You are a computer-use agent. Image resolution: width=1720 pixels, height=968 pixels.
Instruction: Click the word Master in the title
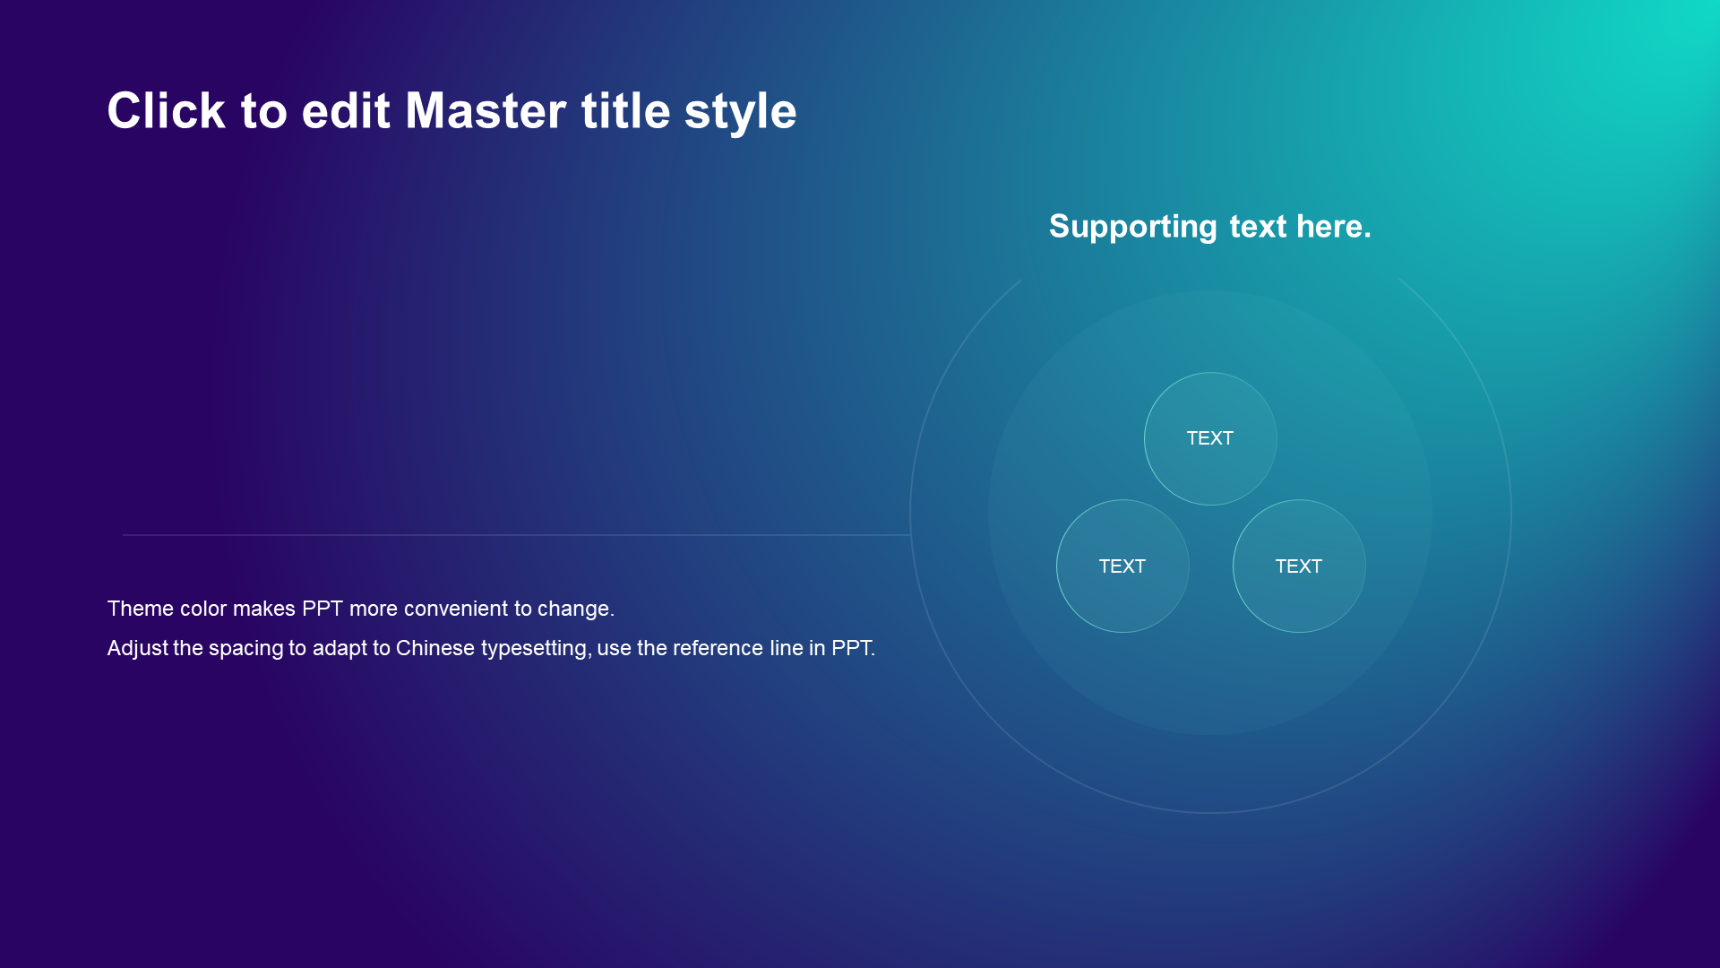pyautogui.click(x=486, y=111)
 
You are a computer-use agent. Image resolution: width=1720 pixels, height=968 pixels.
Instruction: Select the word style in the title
pyautogui.click(x=740, y=114)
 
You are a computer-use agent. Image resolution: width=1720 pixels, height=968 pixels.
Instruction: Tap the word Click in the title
pyautogui.click(x=166, y=111)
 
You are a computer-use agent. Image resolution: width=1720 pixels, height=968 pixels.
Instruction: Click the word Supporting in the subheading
pyautogui.click(x=1132, y=228)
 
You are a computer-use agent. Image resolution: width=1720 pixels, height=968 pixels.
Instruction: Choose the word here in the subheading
pyautogui.click(x=1333, y=227)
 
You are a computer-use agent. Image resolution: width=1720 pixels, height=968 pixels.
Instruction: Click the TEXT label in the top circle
pyautogui.click(x=1210, y=438)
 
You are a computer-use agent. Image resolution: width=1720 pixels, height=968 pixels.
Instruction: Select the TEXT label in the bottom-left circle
pyautogui.click(x=1122, y=566)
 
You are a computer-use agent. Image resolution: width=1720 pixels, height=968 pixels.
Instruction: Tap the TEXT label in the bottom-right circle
pyautogui.click(x=1299, y=566)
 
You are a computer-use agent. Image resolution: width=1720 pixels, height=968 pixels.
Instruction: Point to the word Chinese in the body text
pyautogui.click(x=435, y=648)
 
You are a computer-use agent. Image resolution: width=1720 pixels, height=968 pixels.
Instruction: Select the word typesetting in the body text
pyautogui.click(x=536, y=650)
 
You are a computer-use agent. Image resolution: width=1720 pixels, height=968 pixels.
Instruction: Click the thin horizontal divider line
pyautogui.click(x=516, y=535)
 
